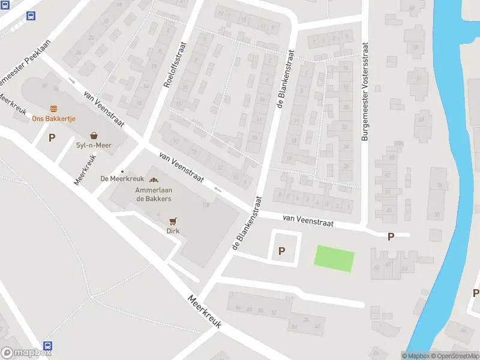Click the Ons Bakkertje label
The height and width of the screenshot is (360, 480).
click(53, 119)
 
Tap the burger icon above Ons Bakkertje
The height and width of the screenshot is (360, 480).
click(53, 109)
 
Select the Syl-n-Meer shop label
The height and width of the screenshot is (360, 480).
click(94, 145)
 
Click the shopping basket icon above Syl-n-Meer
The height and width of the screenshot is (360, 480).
click(94, 136)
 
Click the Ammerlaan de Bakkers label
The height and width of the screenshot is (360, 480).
click(154, 194)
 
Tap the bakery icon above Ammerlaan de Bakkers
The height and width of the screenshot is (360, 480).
click(154, 179)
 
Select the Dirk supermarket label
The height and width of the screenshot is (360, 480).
click(173, 230)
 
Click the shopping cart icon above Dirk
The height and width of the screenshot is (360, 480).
click(173, 221)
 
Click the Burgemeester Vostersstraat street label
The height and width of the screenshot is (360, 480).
click(364, 92)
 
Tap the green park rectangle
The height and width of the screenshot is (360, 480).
click(334, 259)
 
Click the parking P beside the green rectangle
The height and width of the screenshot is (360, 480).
click(281, 251)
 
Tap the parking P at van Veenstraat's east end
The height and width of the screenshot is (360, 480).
click(391, 236)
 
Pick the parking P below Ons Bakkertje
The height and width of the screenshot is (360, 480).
click(52, 137)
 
